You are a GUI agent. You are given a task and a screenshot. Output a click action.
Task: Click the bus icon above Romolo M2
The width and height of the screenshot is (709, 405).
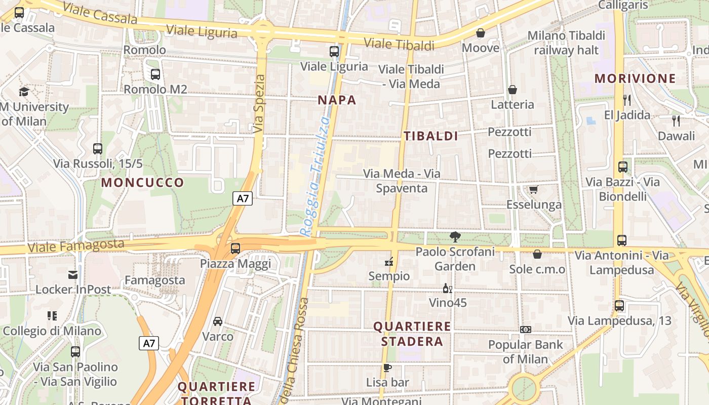click(x=155, y=74)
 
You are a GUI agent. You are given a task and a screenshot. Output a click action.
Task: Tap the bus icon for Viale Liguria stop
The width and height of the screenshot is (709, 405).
click(x=334, y=51)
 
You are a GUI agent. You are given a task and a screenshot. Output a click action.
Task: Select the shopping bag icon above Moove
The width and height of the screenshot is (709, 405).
click(x=481, y=33)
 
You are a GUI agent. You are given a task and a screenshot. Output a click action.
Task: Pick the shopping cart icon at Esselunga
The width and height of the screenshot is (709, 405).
click(x=533, y=189)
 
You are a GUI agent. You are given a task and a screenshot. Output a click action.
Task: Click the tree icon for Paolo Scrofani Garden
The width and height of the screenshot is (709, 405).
click(x=455, y=236)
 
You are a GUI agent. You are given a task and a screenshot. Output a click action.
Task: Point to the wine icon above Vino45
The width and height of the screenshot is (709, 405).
click(x=447, y=288)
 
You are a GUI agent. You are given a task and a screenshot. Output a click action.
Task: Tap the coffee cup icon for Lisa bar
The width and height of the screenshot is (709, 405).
click(x=387, y=368)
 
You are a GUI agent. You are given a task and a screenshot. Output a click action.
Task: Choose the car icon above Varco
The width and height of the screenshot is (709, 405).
click(x=218, y=321)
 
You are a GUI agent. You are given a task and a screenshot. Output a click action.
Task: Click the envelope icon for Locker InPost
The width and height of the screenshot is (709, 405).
click(x=73, y=275)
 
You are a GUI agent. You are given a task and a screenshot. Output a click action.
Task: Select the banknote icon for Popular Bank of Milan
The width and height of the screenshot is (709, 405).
click(x=526, y=330)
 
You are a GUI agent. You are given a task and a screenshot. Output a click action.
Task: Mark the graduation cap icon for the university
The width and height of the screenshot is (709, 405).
click(x=24, y=92)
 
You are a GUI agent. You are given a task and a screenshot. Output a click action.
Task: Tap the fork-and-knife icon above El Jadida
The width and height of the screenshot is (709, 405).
click(x=627, y=100)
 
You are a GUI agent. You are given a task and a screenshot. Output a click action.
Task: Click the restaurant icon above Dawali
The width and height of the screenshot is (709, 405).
click(x=676, y=120)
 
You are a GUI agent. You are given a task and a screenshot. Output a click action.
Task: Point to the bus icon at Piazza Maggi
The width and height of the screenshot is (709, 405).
click(x=235, y=248)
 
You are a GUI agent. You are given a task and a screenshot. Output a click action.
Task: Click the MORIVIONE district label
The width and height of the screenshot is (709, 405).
click(x=635, y=78)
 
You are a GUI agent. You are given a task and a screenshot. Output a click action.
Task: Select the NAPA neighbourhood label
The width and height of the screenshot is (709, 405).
click(x=337, y=100)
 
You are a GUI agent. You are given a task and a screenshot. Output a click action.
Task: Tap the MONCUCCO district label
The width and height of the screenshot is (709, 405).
click(x=143, y=183)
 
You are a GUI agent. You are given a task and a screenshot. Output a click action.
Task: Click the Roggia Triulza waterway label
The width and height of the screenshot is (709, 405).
click(x=314, y=177)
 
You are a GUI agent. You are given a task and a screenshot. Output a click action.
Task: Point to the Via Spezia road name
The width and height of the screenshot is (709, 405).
click(x=259, y=104)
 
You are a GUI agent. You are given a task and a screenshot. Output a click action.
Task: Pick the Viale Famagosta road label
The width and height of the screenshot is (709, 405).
click(x=76, y=246)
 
